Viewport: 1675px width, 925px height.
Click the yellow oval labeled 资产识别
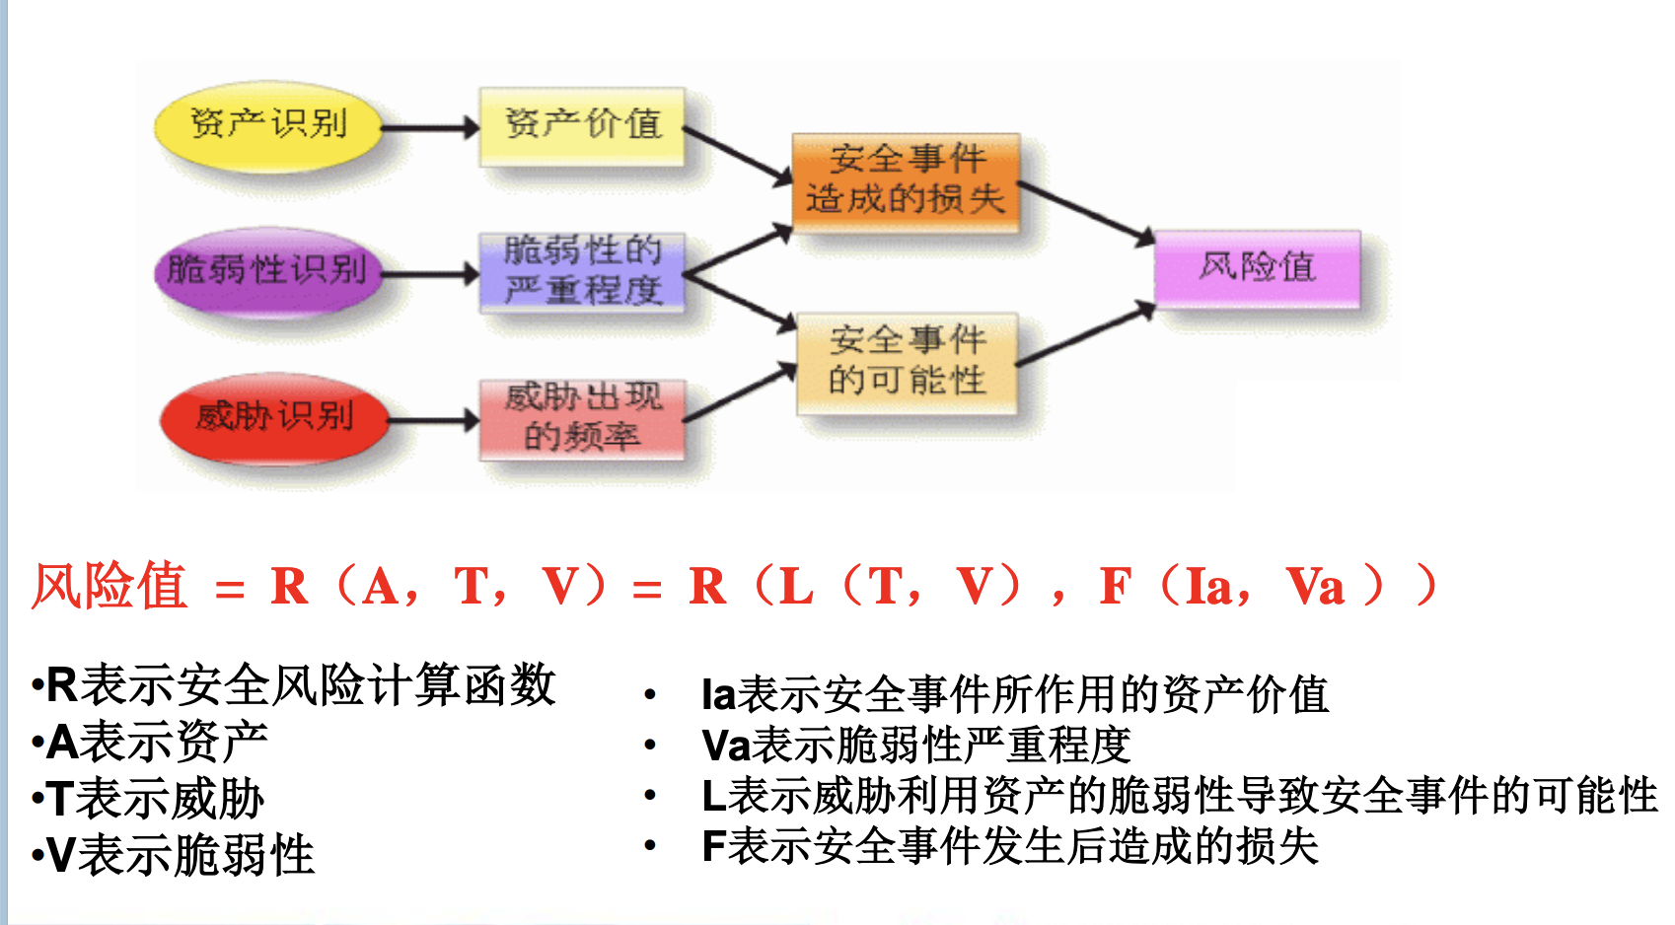(267, 126)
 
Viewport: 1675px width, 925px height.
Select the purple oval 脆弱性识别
(266, 271)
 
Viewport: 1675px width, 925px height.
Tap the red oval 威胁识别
(273, 417)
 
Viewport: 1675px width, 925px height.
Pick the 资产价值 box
(582, 125)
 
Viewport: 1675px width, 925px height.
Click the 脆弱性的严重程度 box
(582, 271)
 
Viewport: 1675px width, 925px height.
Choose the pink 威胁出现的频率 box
(582, 418)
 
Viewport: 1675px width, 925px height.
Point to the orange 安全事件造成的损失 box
(906, 180)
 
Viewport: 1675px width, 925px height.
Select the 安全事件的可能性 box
(907, 362)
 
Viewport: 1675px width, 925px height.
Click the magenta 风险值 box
(1257, 267)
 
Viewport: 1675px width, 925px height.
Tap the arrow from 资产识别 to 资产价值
(430, 127)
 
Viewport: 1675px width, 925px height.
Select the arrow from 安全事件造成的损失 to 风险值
(1085, 210)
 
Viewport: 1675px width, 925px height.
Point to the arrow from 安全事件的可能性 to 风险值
(1085, 336)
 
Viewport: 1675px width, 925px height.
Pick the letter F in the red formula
(1115, 587)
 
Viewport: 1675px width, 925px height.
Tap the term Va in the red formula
(1315, 588)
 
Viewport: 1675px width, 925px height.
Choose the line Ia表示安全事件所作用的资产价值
(1014, 695)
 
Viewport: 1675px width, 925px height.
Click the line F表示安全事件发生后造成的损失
(1009, 846)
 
